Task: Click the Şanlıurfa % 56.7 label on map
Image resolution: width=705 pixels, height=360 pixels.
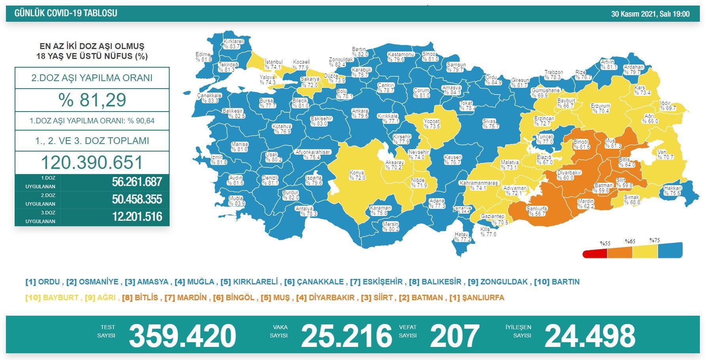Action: click(537, 211)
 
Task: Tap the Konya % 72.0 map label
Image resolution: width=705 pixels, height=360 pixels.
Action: click(357, 175)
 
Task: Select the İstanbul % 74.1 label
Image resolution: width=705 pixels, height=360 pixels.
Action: click(273, 64)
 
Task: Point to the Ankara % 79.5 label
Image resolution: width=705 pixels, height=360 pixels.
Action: click(360, 114)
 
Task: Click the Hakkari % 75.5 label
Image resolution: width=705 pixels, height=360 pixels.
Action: click(673, 191)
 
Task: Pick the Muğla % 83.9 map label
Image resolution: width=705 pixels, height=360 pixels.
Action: click(237, 201)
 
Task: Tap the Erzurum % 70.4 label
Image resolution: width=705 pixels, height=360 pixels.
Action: click(600, 108)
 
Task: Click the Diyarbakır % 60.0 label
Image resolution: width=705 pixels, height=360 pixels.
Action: click(569, 175)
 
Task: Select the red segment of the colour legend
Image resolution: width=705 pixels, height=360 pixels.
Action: click(595, 253)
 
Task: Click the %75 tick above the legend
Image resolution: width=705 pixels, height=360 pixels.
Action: click(654, 241)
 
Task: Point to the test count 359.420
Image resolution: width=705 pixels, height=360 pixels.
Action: click(182, 336)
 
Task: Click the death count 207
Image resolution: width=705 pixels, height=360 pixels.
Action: click(454, 336)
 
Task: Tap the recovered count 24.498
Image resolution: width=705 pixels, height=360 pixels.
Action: click(590, 336)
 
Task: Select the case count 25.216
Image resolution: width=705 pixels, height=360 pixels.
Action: click(346, 336)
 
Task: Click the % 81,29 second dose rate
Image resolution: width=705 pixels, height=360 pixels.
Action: click(92, 100)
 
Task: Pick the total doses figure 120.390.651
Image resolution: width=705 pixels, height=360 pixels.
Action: click(92, 163)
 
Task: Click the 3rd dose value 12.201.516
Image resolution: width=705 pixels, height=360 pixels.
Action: click(137, 217)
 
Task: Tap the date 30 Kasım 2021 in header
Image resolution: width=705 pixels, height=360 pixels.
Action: click(650, 14)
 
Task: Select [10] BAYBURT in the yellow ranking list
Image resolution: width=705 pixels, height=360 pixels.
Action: click(52, 297)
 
